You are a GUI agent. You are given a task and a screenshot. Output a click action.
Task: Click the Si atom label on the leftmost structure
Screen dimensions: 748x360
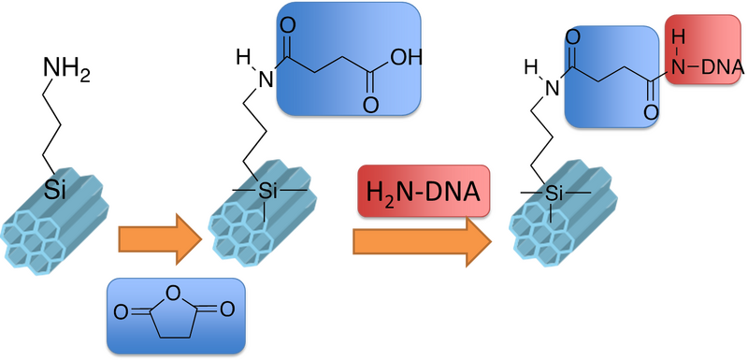click(57, 192)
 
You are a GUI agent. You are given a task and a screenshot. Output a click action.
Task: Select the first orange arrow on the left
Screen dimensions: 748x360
click(158, 240)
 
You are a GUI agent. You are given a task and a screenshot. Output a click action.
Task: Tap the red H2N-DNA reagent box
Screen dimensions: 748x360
click(423, 194)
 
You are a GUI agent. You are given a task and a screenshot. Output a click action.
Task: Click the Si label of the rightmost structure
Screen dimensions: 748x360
click(555, 194)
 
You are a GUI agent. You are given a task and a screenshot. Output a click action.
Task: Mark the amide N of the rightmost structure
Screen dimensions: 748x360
click(552, 87)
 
